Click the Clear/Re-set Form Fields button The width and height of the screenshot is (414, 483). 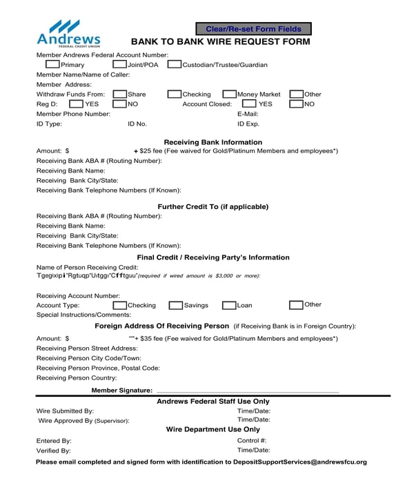coord(253,29)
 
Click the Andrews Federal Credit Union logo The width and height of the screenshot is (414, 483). coord(68,33)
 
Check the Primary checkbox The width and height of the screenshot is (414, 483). coord(52,64)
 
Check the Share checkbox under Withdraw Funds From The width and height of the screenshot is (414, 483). coord(119,94)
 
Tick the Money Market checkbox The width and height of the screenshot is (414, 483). coord(230,94)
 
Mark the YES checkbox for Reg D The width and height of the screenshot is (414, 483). coord(75,103)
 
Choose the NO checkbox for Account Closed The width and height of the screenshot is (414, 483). coord(296,103)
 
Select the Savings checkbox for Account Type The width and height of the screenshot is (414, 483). coord(176,304)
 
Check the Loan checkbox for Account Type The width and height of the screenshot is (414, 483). coord(229,304)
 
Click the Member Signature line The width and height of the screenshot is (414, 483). coord(248,390)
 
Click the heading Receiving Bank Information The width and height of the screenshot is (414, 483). coord(213,142)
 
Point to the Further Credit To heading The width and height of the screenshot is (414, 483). coord(213,206)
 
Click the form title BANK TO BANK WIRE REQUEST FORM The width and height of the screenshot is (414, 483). coord(220,42)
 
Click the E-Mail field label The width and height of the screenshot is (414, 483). coord(248,113)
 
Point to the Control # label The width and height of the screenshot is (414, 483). coord(252,440)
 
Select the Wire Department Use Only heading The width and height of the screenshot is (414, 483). coord(213,429)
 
